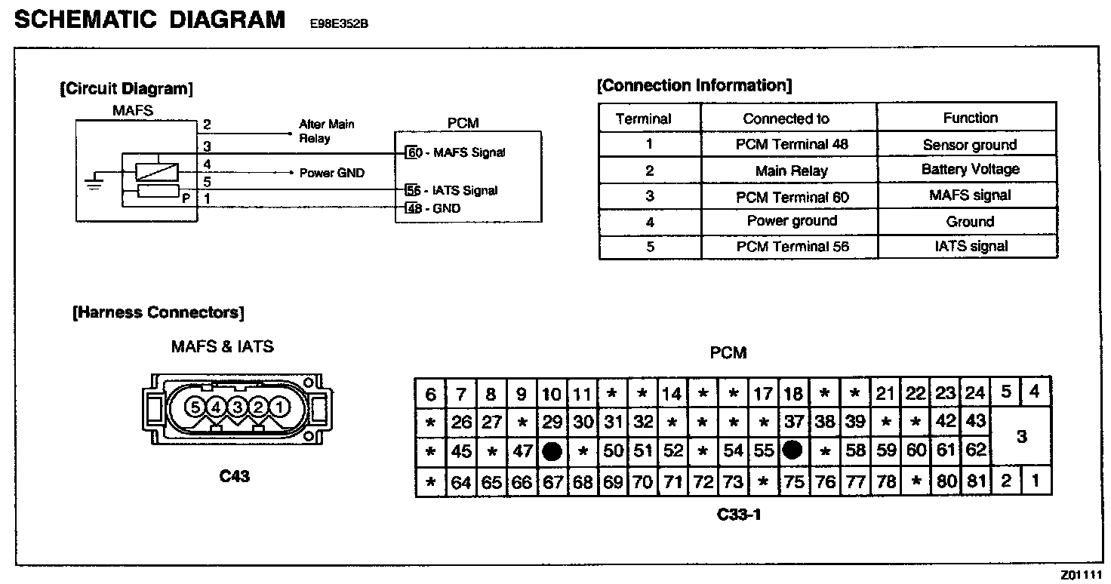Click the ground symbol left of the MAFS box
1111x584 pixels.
(94, 182)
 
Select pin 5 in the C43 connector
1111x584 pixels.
(195, 407)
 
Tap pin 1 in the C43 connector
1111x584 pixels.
(280, 407)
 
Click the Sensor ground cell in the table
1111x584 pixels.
(969, 145)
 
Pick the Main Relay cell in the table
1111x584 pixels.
(791, 171)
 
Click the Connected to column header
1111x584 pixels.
(786, 118)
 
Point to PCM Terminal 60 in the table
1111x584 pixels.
(792, 197)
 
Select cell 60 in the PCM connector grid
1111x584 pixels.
(916, 450)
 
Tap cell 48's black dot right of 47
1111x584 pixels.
(552, 451)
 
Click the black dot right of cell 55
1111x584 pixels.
(792, 450)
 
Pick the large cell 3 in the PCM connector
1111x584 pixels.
(1021, 437)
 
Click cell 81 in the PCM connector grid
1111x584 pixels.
(976, 481)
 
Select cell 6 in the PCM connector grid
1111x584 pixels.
(430, 394)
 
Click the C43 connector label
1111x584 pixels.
(235, 476)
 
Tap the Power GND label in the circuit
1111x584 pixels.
(331, 173)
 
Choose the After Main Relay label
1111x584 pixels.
(326, 131)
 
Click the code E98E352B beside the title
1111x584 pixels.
(339, 23)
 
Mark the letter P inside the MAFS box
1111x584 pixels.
(185, 198)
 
